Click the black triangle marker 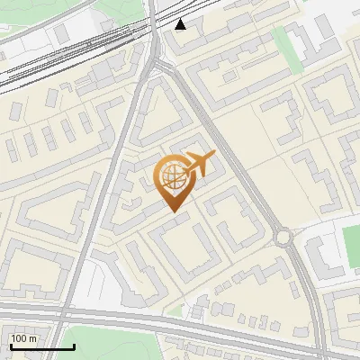[182, 23]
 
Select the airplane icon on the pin [198, 165]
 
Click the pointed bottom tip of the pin [173, 211]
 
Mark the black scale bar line [41, 347]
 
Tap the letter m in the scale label [32, 338]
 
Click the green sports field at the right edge [351, 241]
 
